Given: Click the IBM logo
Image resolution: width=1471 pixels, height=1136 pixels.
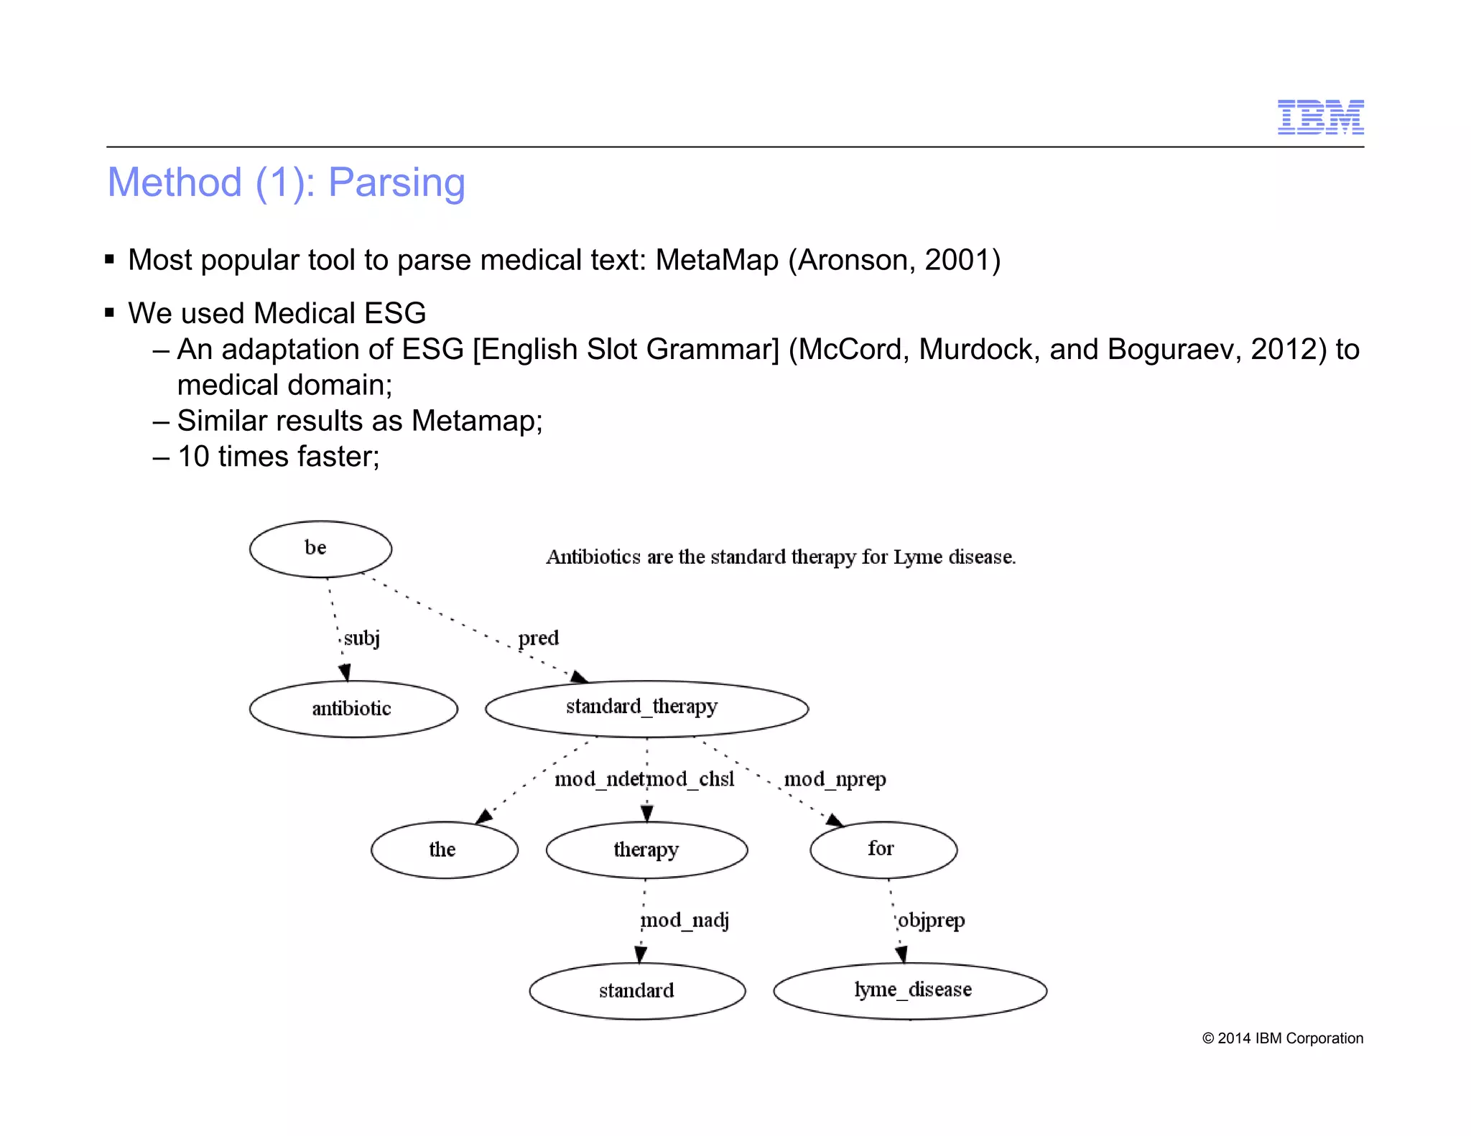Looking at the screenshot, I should (x=1320, y=117).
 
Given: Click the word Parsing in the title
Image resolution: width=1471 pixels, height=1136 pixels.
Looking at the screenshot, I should (x=396, y=182).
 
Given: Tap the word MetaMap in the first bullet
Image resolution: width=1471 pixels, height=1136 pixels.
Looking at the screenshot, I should (x=716, y=260).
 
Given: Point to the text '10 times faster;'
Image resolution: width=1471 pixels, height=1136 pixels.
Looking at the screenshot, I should (x=279, y=457).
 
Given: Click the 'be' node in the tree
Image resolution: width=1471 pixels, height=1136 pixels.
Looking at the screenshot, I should (x=320, y=549).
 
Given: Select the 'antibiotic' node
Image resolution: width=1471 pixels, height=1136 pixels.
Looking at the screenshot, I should (x=353, y=709).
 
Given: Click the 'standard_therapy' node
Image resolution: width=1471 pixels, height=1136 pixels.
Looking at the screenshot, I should (x=646, y=708).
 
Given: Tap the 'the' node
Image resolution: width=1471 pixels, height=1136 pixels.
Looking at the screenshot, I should (x=444, y=849).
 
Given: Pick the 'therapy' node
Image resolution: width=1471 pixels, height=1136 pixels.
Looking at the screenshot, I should (x=646, y=849).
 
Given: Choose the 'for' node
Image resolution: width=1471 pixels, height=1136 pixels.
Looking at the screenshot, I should (x=883, y=849).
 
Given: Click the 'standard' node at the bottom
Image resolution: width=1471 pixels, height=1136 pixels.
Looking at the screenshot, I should (x=637, y=991).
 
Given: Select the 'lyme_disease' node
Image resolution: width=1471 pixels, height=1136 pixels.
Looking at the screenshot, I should (x=911, y=990).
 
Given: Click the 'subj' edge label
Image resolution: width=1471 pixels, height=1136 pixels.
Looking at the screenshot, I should (x=361, y=638).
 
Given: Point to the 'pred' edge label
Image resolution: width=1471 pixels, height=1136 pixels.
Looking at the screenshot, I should (x=538, y=638).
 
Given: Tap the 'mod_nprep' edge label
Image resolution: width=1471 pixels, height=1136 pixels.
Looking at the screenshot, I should (x=835, y=779).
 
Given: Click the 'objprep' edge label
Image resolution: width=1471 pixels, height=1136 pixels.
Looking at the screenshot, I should (x=931, y=920).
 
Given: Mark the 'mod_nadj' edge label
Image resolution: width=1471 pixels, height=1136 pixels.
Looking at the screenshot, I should (x=685, y=920).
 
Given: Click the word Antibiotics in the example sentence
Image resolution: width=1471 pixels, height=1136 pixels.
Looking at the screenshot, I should (x=593, y=557).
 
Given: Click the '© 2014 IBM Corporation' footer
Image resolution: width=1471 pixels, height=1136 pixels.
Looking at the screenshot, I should (x=1282, y=1038).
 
